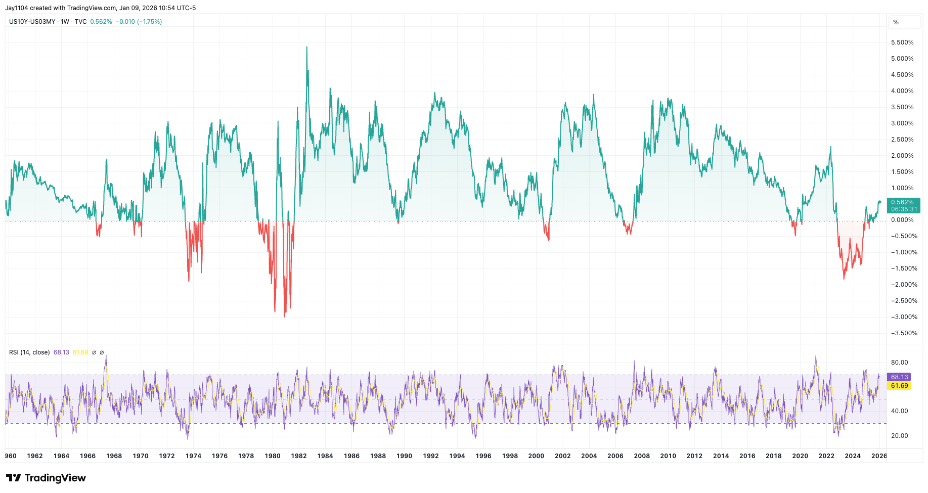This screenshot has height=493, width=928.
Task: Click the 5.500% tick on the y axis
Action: tap(902, 42)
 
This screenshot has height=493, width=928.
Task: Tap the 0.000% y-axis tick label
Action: tap(902, 220)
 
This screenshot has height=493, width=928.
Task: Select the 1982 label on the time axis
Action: tap(299, 456)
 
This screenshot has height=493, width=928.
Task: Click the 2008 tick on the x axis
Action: tap(642, 456)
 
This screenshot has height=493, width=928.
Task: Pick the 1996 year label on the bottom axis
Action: tap(483, 456)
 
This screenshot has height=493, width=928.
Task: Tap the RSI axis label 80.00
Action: tap(900, 363)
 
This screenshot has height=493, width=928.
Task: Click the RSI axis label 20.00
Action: tap(900, 436)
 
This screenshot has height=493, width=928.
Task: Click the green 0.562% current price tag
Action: tap(903, 202)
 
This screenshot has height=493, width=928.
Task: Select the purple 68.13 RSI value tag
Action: tap(900, 377)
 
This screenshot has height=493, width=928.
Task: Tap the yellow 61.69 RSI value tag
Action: tap(900, 386)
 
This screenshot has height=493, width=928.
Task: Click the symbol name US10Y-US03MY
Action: tap(32, 22)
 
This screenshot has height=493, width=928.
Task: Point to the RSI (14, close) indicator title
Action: tap(29, 352)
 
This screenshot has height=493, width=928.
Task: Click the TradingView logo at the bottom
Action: tap(46, 478)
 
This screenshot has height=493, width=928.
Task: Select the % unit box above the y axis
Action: tap(896, 22)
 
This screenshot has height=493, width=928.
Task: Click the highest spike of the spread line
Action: tap(306, 47)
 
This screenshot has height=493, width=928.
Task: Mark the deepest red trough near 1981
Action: tap(285, 316)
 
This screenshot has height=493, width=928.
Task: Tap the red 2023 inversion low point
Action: tap(844, 278)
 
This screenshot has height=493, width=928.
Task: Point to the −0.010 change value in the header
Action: tap(125, 22)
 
